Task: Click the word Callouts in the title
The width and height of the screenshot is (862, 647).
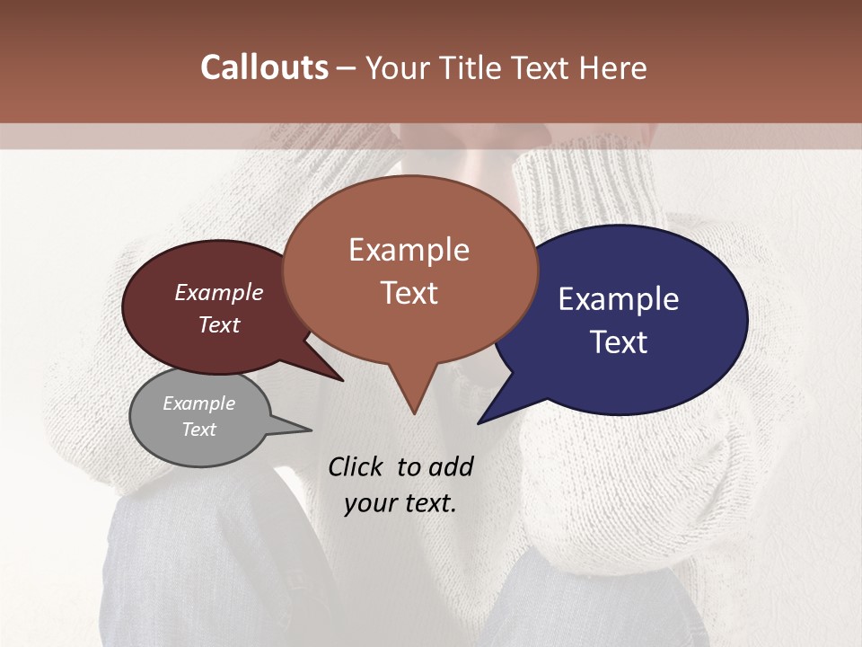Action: point(264,67)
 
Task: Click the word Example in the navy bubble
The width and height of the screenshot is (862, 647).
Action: point(619,299)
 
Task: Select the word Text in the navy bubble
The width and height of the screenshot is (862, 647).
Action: point(620,342)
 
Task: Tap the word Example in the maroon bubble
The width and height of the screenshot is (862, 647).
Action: point(219,293)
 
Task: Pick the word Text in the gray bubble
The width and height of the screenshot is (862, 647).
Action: point(199,430)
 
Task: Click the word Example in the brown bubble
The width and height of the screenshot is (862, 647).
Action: point(409,250)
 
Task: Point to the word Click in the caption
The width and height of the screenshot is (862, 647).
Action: point(356,466)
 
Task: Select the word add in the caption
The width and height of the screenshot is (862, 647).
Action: point(451,466)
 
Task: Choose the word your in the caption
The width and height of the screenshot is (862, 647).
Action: point(371,503)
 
